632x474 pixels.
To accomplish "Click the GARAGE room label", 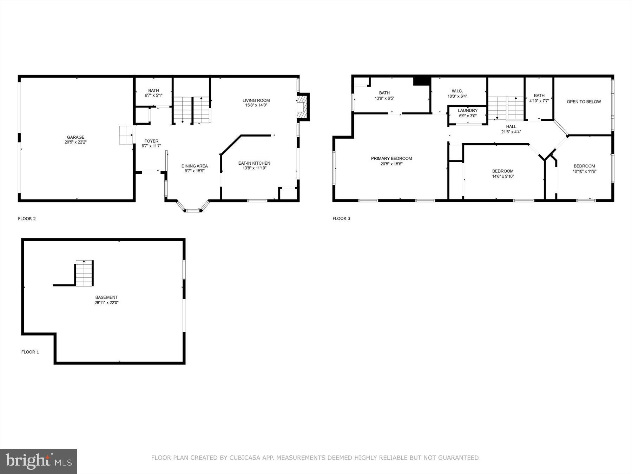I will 75,137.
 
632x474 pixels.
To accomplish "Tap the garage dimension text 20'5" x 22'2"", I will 75,142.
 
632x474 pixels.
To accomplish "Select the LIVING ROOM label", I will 256,100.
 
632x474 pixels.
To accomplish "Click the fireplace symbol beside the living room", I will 302,107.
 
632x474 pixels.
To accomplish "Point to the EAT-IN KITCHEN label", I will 254,163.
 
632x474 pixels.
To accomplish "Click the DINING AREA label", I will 195,166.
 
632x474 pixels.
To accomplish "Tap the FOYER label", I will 151,141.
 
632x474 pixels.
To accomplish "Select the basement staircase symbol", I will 84,273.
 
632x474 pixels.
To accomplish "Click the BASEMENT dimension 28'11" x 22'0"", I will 106,303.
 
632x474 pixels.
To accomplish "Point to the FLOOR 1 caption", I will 30,352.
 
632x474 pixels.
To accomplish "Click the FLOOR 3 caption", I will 341,218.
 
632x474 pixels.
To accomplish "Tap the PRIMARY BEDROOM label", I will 391,159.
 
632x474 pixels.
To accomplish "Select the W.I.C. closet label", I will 457,91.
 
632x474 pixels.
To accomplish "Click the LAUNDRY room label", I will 468,111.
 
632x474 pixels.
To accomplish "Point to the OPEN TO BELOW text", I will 584,102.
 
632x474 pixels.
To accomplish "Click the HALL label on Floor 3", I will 511,127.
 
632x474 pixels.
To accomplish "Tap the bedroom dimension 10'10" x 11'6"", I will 584,171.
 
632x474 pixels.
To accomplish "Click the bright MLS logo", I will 38,461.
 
